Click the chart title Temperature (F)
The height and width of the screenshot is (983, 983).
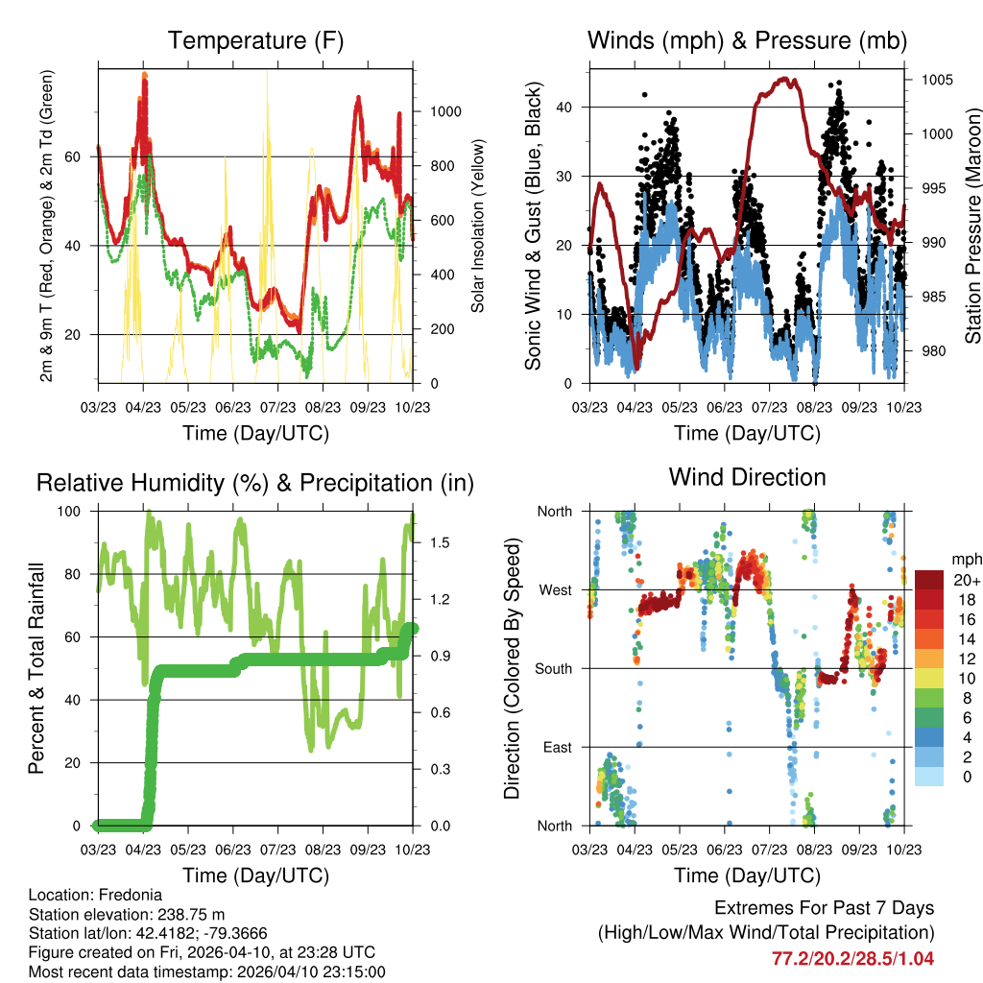pos(255,40)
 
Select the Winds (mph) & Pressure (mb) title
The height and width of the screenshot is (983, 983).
pos(747,40)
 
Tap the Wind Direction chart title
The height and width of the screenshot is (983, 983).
pos(747,476)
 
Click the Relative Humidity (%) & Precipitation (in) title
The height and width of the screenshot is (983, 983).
pos(255,483)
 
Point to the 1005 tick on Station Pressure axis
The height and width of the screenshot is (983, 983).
pos(937,80)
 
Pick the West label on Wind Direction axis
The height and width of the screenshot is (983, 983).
pos(555,589)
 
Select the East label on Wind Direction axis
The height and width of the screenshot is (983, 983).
pos(557,747)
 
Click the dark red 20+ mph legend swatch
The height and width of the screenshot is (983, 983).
pos(929,580)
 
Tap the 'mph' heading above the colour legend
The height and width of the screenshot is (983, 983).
pos(965,559)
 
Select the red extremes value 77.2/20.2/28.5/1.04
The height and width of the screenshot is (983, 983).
pos(852,958)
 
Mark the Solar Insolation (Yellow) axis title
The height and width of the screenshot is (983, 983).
pos(478,226)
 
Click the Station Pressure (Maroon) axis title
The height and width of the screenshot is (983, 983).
pos(971,227)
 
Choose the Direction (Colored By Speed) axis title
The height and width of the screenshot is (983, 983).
pos(512,668)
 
